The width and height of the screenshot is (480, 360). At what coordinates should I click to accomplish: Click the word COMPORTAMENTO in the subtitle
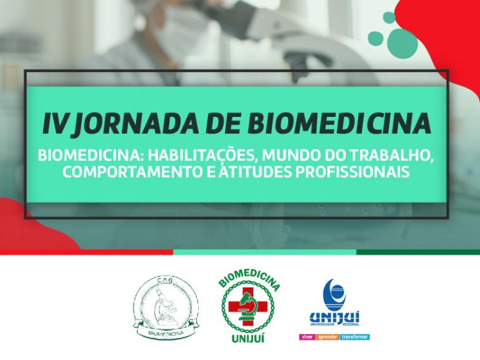pyautogui.click(x=132, y=172)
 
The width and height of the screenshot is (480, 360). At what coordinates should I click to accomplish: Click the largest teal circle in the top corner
pyautogui.click(x=402, y=42)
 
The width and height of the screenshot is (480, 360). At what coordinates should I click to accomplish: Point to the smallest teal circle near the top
pyautogui.click(x=389, y=17)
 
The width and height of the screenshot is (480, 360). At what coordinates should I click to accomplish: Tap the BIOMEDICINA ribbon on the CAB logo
pyautogui.click(x=166, y=332)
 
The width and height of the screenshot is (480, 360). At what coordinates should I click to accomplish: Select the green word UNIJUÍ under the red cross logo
pyautogui.click(x=248, y=338)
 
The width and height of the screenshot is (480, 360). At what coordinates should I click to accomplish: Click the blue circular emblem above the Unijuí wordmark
pyautogui.click(x=335, y=295)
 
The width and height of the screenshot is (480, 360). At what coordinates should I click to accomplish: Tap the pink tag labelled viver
pyautogui.click(x=307, y=337)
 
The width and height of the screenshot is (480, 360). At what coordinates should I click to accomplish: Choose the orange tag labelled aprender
pyautogui.click(x=327, y=337)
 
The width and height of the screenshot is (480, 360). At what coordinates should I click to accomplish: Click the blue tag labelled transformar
pyautogui.click(x=354, y=337)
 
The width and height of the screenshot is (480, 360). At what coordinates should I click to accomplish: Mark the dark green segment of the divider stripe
pyautogui.click(x=418, y=252)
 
